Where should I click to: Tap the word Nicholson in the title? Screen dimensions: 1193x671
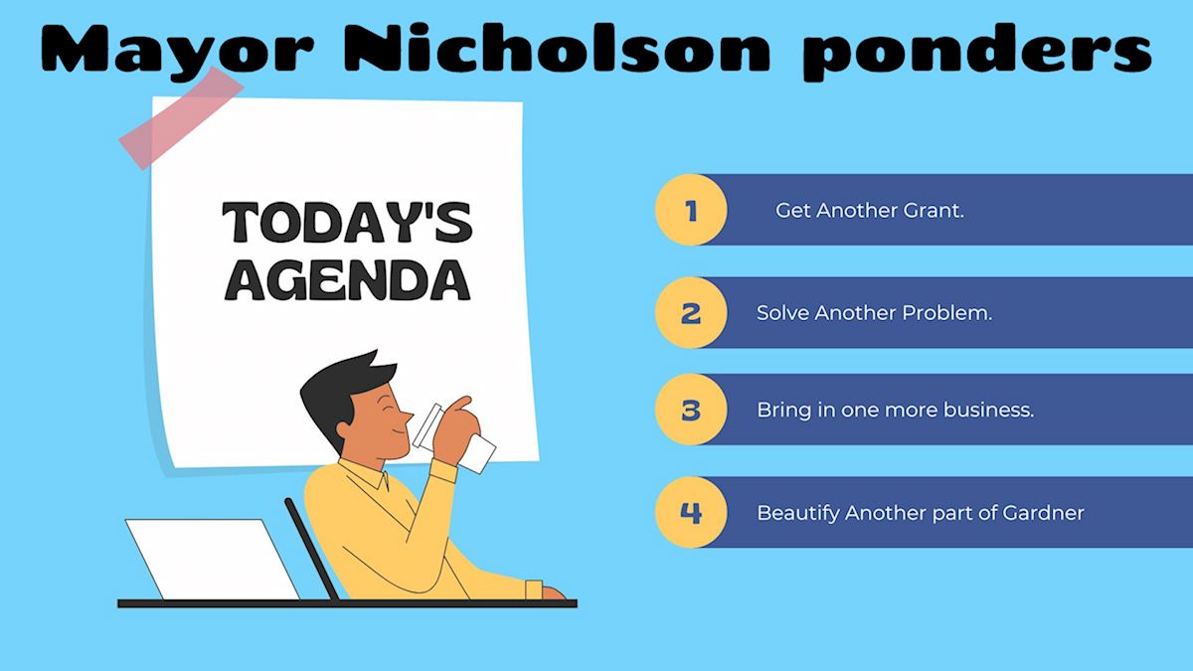coord(557,48)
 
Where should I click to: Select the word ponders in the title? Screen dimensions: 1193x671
coord(977,52)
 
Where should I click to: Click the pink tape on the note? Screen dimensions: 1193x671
coord(181,117)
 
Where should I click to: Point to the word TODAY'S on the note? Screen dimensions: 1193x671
coord(347,222)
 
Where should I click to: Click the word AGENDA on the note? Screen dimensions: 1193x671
coord(347,280)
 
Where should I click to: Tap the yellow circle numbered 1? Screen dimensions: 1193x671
coord(691,210)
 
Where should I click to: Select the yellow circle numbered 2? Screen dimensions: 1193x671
coord(691,312)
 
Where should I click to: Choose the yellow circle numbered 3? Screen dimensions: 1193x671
coord(691,410)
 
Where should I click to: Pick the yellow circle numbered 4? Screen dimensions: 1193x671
coord(691,512)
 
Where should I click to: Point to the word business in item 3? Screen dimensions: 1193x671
coord(988,410)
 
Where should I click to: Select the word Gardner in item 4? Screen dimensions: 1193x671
coord(1043,513)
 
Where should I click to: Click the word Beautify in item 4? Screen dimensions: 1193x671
coord(797,514)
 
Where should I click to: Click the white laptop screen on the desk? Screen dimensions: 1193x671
coord(213,559)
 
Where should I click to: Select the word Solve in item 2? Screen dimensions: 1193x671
coord(781,312)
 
